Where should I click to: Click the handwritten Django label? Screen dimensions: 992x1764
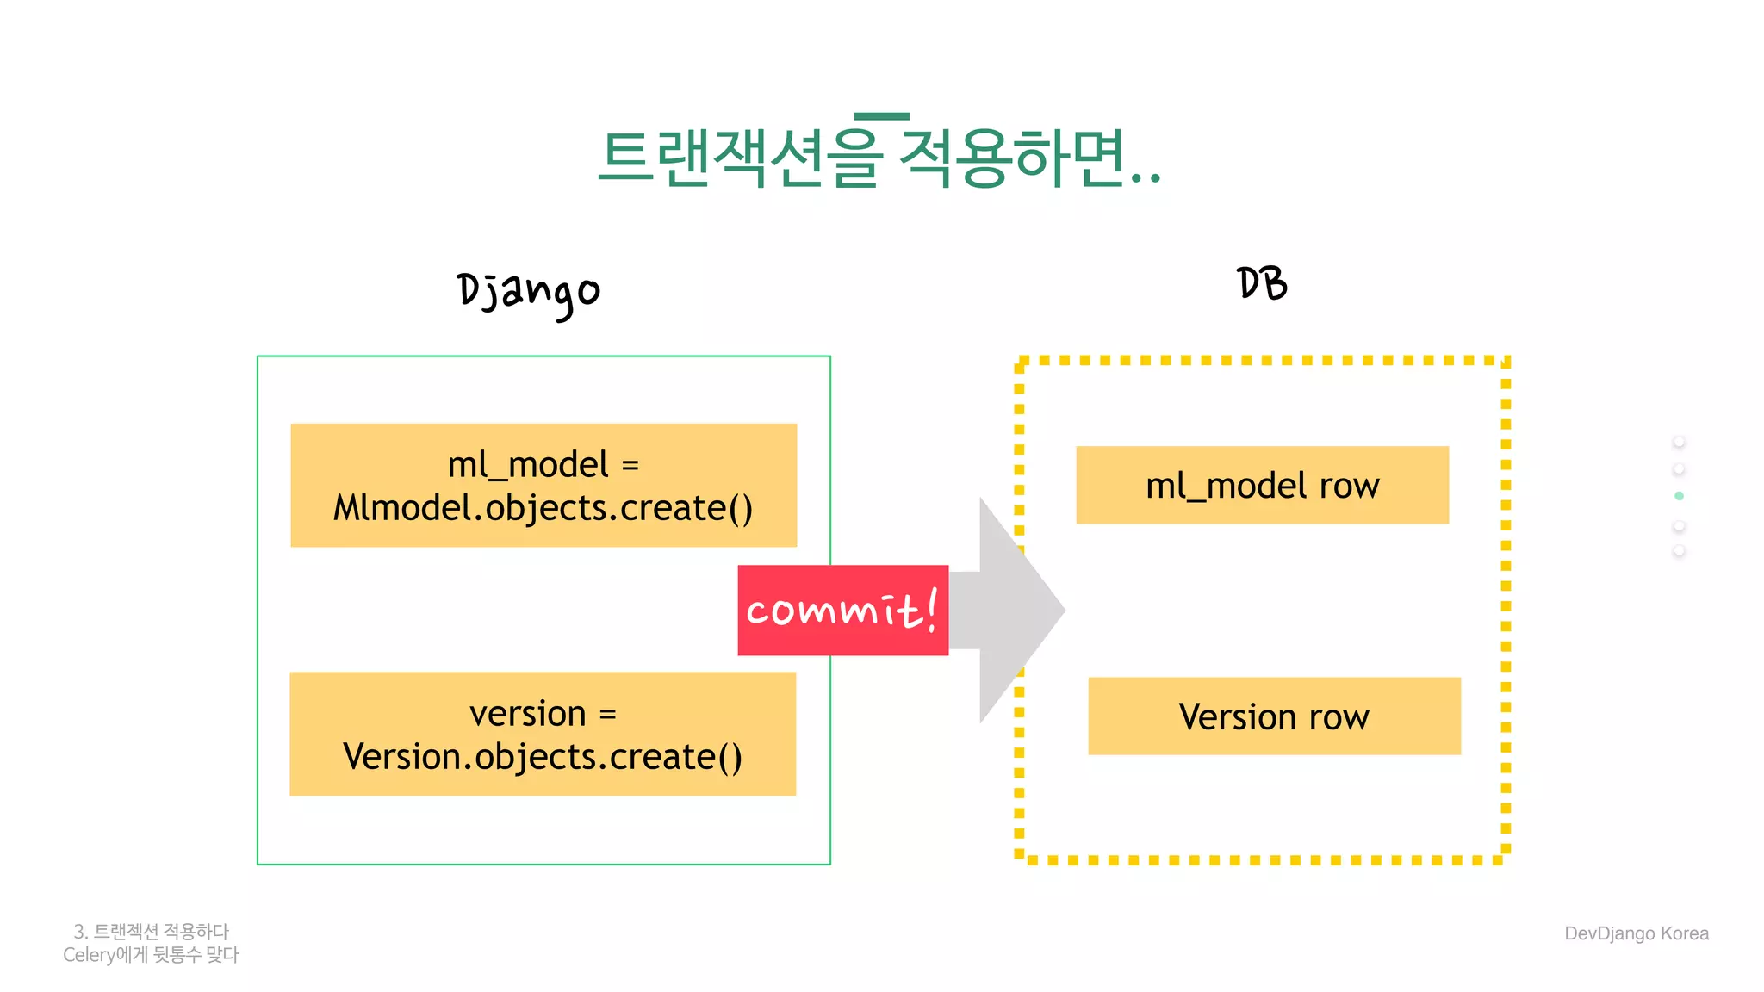(528, 293)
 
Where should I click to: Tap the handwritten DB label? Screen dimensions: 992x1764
(1262, 283)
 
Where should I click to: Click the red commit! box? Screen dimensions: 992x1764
(842, 611)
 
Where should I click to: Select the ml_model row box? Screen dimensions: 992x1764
(1262, 485)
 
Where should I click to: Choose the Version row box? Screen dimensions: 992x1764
(1274, 716)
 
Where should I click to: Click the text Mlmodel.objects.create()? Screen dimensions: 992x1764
(543, 508)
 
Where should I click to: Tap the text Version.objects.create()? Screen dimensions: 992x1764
(543, 757)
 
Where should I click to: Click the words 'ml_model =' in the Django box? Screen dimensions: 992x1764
(543, 465)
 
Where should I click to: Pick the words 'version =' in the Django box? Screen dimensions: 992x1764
(543, 714)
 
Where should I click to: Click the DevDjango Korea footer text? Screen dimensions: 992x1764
(1636, 933)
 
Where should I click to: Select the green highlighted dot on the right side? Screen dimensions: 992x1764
(1679, 496)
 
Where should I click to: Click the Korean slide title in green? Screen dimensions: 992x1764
(879, 158)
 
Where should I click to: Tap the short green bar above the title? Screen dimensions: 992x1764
(881, 116)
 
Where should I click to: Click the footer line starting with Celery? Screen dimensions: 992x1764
(151, 955)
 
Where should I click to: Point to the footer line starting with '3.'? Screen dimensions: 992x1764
(151, 932)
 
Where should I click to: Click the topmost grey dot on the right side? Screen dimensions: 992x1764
(1679, 442)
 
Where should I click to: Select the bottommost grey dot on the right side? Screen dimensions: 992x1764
(1679, 551)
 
